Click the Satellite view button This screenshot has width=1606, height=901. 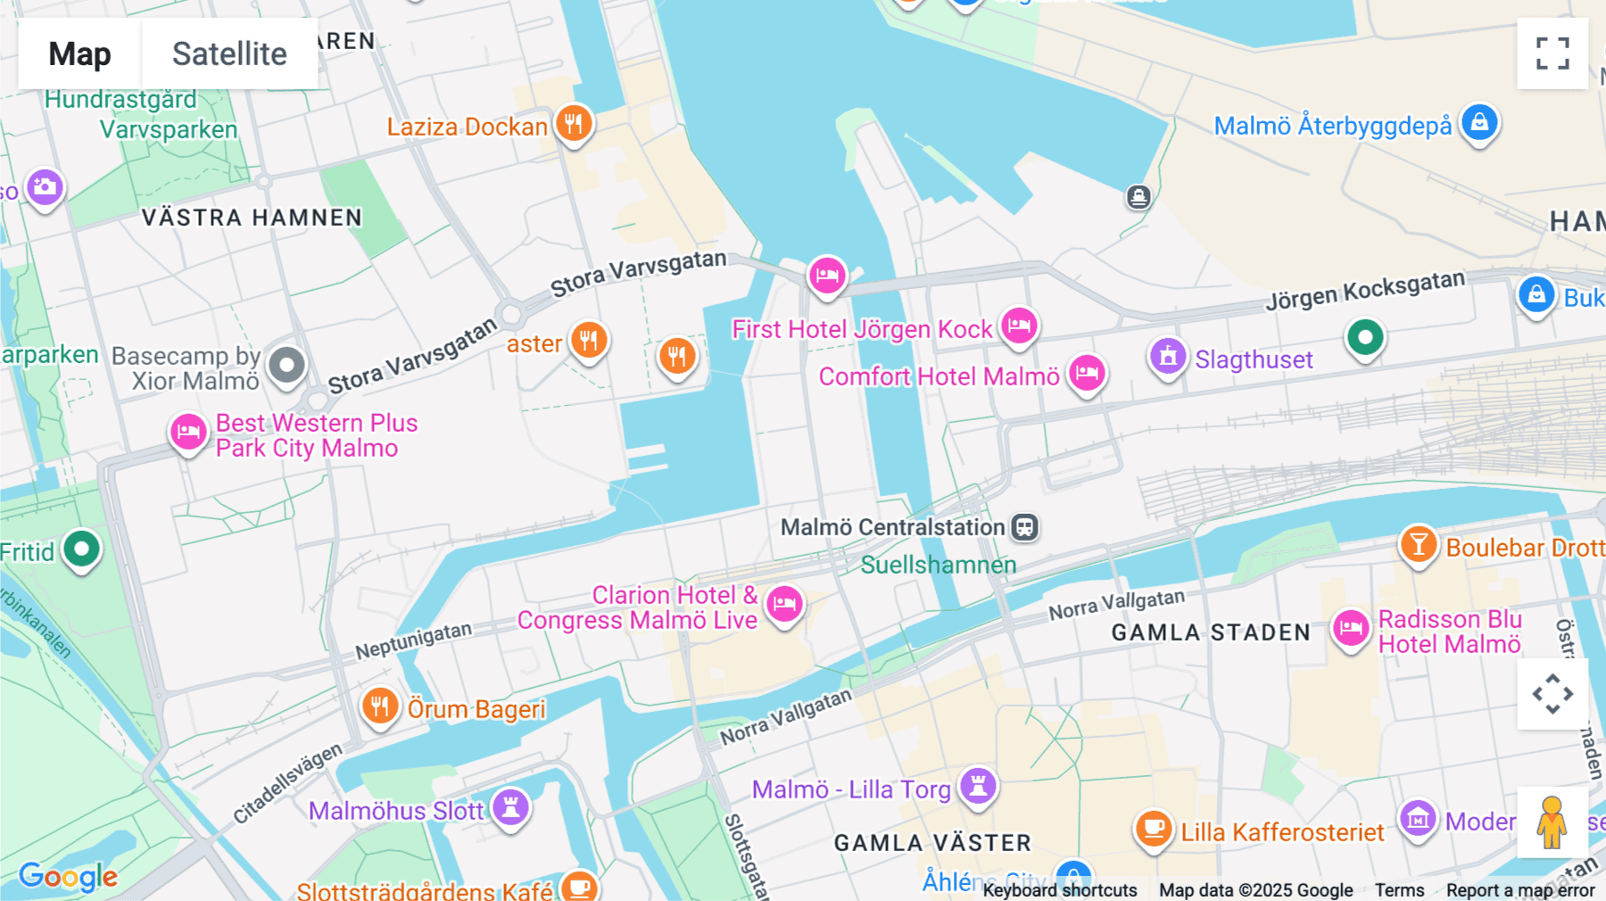pyautogui.click(x=229, y=54)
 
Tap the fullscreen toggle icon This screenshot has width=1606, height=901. pyautogui.click(x=1552, y=54)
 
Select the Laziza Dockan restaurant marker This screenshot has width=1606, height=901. pyautogui.click(x=574, y=123)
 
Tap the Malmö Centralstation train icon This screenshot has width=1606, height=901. pyautogui.click(x=1024, y=527)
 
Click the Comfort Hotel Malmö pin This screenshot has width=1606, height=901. pyautogui.click(x=1087, y=373)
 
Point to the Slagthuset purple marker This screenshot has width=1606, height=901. pyautogui.click(x=1167, y=357)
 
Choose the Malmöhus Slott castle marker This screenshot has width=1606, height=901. pyautogui.click(x=511, y=807)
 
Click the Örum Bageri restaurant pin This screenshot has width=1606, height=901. pyautogui.click(x=380, y=707)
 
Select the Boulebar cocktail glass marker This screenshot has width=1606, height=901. pyautogui.click(x=1418, y=544)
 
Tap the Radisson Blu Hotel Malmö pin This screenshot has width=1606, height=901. pyautogui.click(x=1350, y=628)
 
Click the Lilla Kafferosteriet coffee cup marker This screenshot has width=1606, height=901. pyautogui.click(x=1153, y=829)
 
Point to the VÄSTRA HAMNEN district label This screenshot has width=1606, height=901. pyautogui.click(x=252, y=218)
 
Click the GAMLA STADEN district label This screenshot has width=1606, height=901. pyautogui.click(x=1211, y=632)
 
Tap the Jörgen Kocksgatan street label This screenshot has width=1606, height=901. pyautogui.click(x=1365, y=290)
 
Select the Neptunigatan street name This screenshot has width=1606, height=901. pyautogui.click(x=413, y=641)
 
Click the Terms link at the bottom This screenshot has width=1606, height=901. pyautogui.click(x=1399, y=889)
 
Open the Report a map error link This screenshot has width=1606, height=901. pyautogui.click(x=1520, y=889)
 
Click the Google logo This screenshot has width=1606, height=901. pyautogui.click(x=69, y=877)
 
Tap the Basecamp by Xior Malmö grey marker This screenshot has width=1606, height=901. pyautogui.click(x=286, y=365)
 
